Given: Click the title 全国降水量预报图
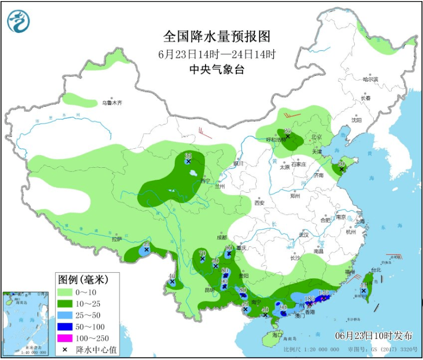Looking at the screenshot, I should pos(216,36).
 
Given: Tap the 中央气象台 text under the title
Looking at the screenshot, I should pos(216,69).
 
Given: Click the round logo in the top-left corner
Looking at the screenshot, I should pos(18,21).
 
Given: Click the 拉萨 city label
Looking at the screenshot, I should pos(116,239).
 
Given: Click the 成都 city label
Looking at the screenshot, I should pos(222,237).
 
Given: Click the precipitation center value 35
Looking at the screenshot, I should pos(188,155).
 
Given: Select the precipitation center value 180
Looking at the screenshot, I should pos(310,299).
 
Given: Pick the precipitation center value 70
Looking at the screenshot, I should pos(203,253).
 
